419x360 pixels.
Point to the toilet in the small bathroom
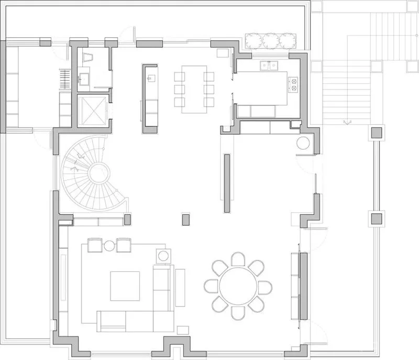(x=87, y=58)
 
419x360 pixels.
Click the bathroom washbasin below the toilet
(x=84, y=80)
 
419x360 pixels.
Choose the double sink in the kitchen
(x=269, y=66)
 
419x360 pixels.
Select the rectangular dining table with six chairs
(x=194, y=89)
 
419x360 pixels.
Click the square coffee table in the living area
(x=125, y=286)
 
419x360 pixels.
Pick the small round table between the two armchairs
(x=109, y=245)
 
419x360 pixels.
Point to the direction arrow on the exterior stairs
(x=345, y=122)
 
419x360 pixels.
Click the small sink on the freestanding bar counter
(x=150, y=79)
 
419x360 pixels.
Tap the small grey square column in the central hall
(x=185, y=219)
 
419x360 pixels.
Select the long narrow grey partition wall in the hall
(x=227, y=182)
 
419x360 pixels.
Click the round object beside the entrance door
(x=303, y=144)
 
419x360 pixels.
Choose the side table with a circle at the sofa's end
(x=163, y=256)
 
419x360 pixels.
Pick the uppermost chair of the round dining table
(x=238, y=258)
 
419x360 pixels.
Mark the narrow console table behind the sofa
(x=180, y=287)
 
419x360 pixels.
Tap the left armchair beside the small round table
(x=94, y=245)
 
